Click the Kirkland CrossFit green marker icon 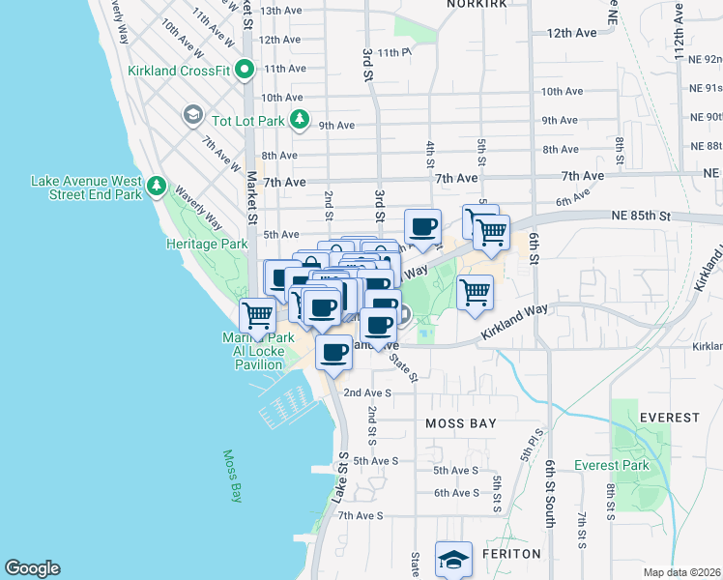tap(245, 70)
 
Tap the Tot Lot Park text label tap(248, 121)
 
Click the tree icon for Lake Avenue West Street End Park tap(156, 185)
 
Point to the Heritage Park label tap(207, 245)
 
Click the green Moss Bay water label tap(232, 476)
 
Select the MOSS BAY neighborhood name tap(461, 423)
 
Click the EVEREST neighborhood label tap(669, 418)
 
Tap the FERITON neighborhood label tap(511, 554)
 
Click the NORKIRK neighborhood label tap(477, 5)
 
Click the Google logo tap(32, 568)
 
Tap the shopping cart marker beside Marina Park tap(257, 314)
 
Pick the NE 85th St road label tap(640, 216)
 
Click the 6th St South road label tap(550, 492)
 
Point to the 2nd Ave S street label tap(367, 392)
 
